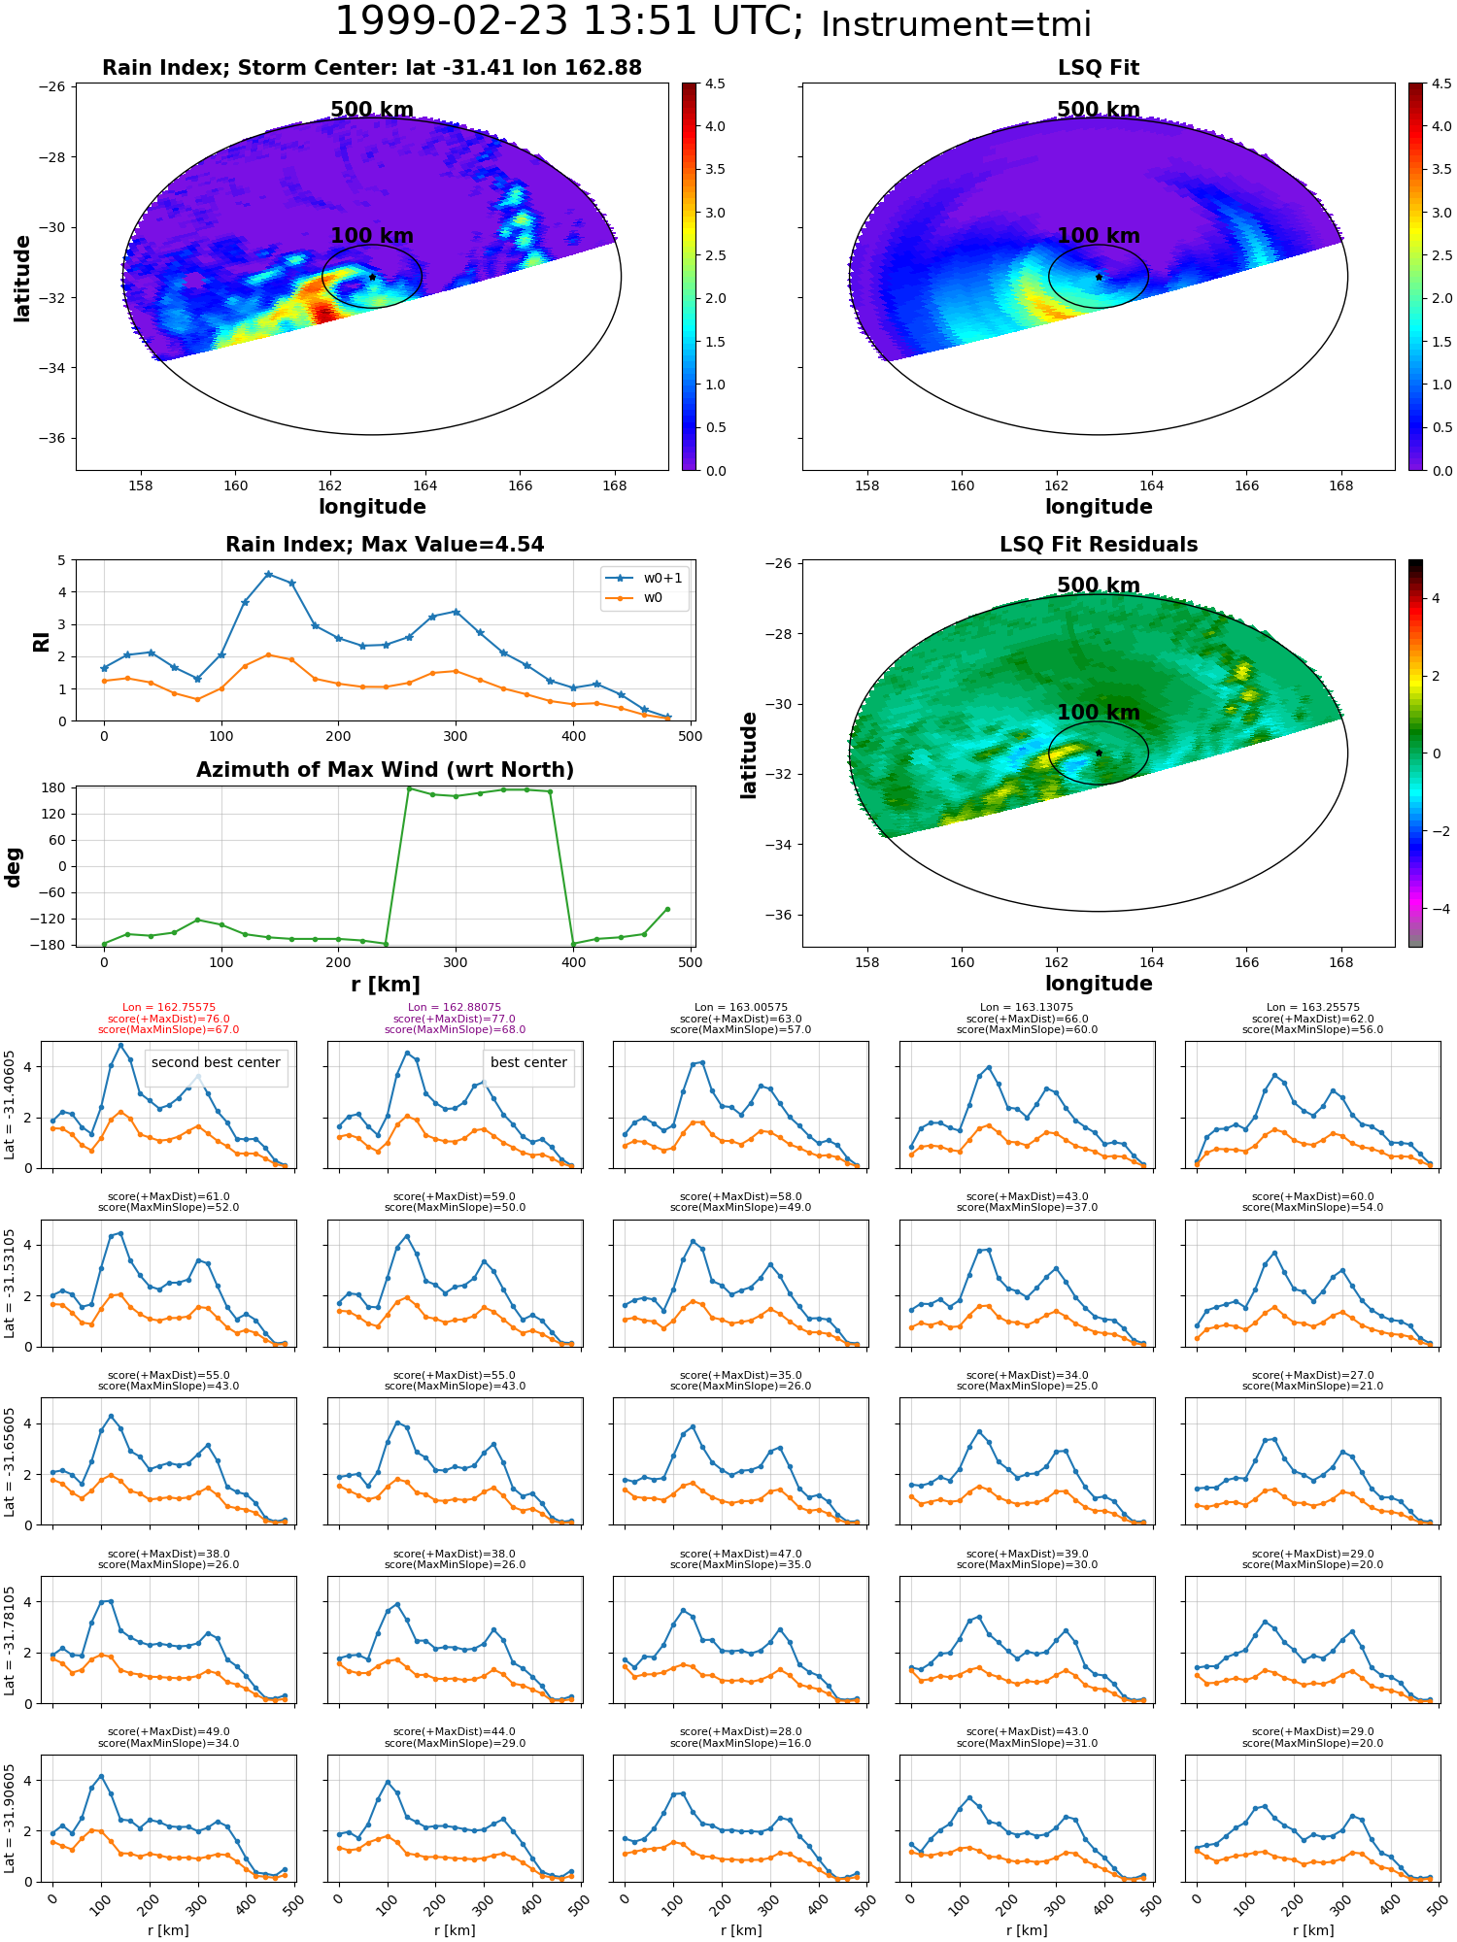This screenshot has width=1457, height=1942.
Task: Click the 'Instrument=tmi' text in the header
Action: pyautogui.click(x=956, y=24)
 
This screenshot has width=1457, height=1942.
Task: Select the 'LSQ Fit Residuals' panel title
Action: pyautogui.click(x=1099, y=545)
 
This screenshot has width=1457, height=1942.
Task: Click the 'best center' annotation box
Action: pyautogui.click(x=528, y=1062)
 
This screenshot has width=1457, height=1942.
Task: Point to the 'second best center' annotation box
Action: pyautogui.click(x=216, y=1062)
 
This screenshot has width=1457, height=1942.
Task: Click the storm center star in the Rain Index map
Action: pyautogui.click(x=372, y=277)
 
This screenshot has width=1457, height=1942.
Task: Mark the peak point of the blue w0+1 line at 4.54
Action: pyautogui.click(x=268, y=574)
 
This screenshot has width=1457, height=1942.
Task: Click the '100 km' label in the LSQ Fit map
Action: pyautogui.click(x=1099, y=236)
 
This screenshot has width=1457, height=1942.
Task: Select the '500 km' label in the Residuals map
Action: pyautogui.click(x=1099, y=586)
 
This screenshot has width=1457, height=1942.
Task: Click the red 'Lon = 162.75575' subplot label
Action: pyautogui.click(x=169, y=1008)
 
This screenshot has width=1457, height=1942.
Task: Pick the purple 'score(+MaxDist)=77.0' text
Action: pyautogui.click(x=455, y=1019)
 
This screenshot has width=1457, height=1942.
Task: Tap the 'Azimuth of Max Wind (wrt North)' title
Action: pyautogui.click(x=385, y=770)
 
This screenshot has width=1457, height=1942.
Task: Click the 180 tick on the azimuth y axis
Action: pyautogui.click(x=54, y=787)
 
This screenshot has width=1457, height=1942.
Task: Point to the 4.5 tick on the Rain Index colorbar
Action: pyautogui.click(x=715, y=84)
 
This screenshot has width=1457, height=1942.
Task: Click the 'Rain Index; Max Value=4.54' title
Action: pyautogui.click(x=385, y=545)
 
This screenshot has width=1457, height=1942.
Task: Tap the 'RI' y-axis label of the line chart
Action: pyautogui.click(x=41, y=641)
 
